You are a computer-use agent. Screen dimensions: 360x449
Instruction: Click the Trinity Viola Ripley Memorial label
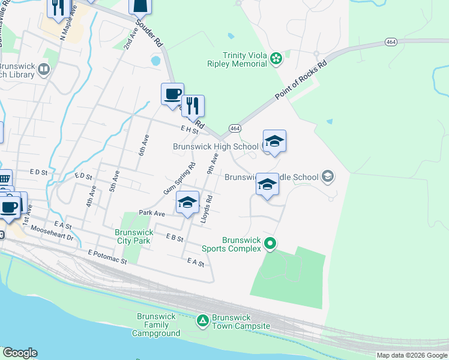[244, 59]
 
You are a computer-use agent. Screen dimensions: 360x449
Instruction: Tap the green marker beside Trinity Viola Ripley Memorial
[276, 58]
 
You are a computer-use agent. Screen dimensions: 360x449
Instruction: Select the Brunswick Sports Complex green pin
[270, 243]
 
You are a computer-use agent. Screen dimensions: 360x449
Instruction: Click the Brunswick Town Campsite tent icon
[203, 321]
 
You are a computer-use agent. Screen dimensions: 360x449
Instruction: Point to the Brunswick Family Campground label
[156, 325]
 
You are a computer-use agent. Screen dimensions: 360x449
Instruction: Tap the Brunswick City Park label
[134, 236]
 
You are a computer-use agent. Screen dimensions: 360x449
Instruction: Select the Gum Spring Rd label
[179, 179]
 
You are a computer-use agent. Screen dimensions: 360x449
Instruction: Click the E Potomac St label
[107, 257]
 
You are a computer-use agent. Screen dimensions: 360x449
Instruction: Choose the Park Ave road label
[152, 213]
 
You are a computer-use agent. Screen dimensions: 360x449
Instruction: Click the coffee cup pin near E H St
[172, 94]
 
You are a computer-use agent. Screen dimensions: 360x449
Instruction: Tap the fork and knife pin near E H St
[193, 106]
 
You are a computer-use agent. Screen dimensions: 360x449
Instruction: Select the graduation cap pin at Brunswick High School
[274, 142]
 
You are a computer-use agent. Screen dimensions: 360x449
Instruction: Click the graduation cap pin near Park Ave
[187, 203]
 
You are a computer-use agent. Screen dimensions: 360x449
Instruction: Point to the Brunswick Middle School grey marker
[327, 176]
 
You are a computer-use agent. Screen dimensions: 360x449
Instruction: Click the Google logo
[20, 353]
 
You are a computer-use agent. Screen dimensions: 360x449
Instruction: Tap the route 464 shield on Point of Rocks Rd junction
[235, 128]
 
